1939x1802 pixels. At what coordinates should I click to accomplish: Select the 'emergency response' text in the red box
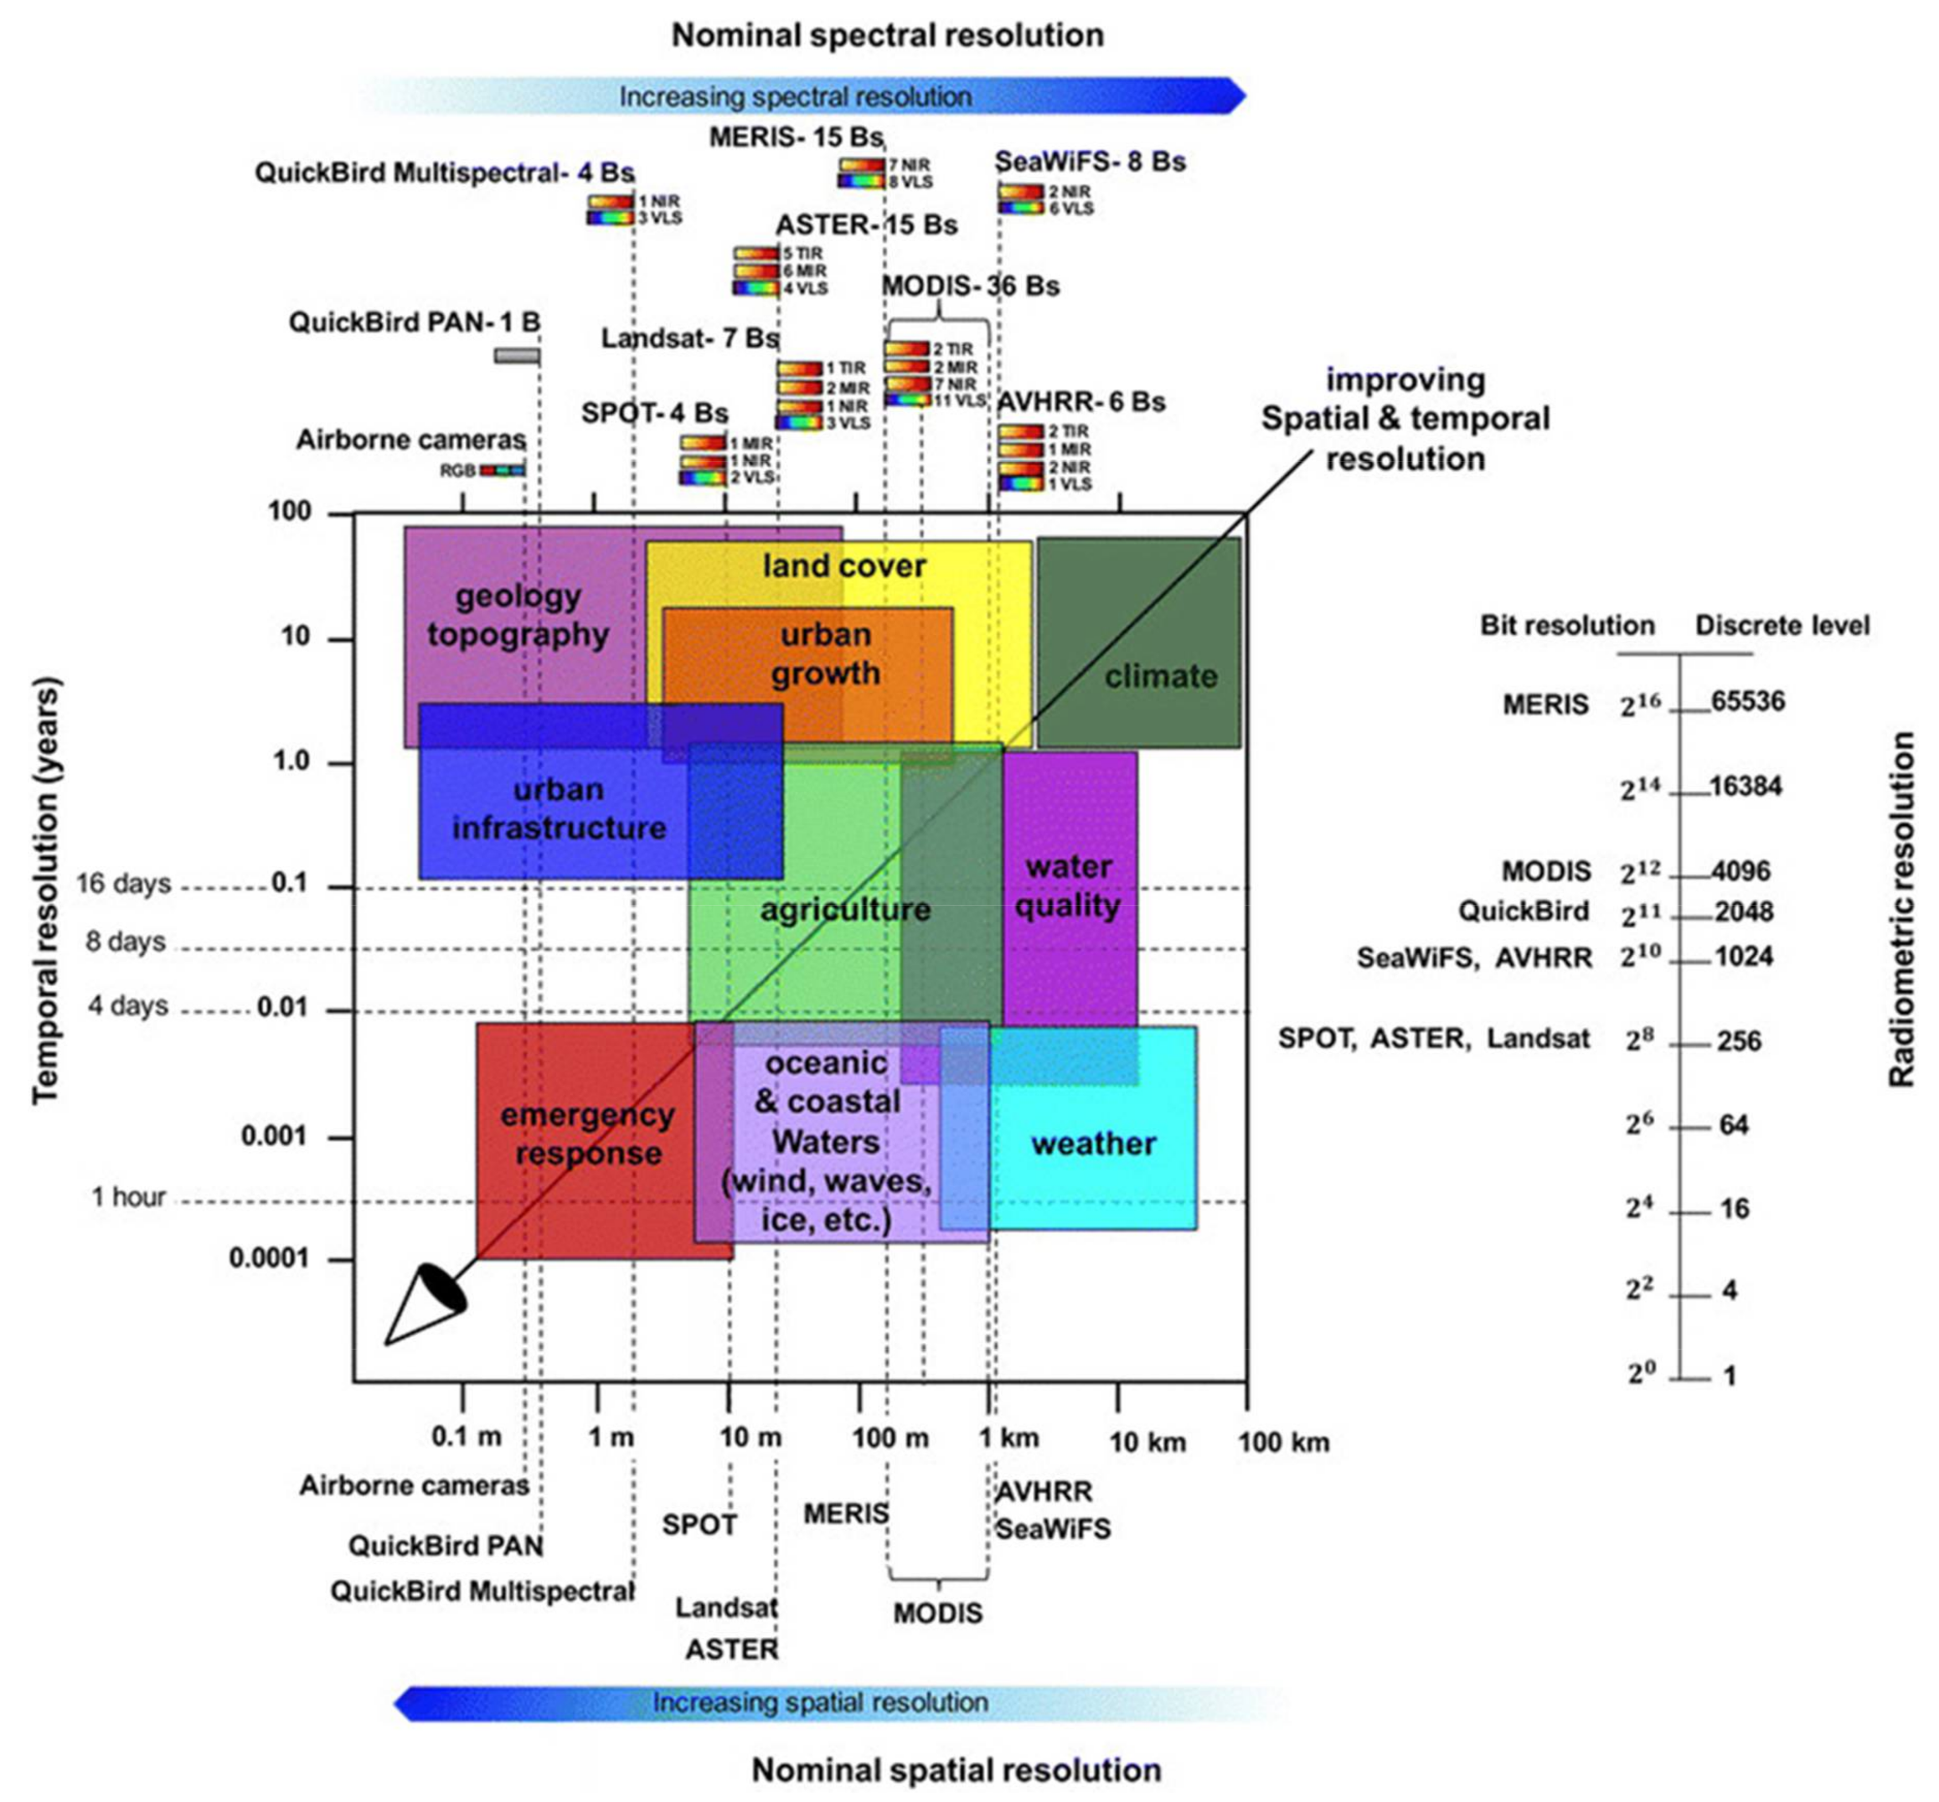[587, 1134]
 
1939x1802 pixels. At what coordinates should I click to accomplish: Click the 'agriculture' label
[845, 910]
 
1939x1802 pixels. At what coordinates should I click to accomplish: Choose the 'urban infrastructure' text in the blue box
[559, 808]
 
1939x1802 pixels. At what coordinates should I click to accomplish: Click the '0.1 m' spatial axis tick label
[466, 1436]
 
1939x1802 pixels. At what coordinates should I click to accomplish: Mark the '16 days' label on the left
[124, 884]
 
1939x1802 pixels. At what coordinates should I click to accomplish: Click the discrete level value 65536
[1748, 701]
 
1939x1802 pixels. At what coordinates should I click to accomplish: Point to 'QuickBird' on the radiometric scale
[1523, 911]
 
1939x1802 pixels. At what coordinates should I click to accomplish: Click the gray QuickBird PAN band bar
[517, 355]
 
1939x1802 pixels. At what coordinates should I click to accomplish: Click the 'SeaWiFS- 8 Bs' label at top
[1090, 161]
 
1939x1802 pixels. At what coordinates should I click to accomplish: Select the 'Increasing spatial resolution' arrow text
[820, 1703]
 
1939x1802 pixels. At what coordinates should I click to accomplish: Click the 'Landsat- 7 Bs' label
[689, 338]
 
